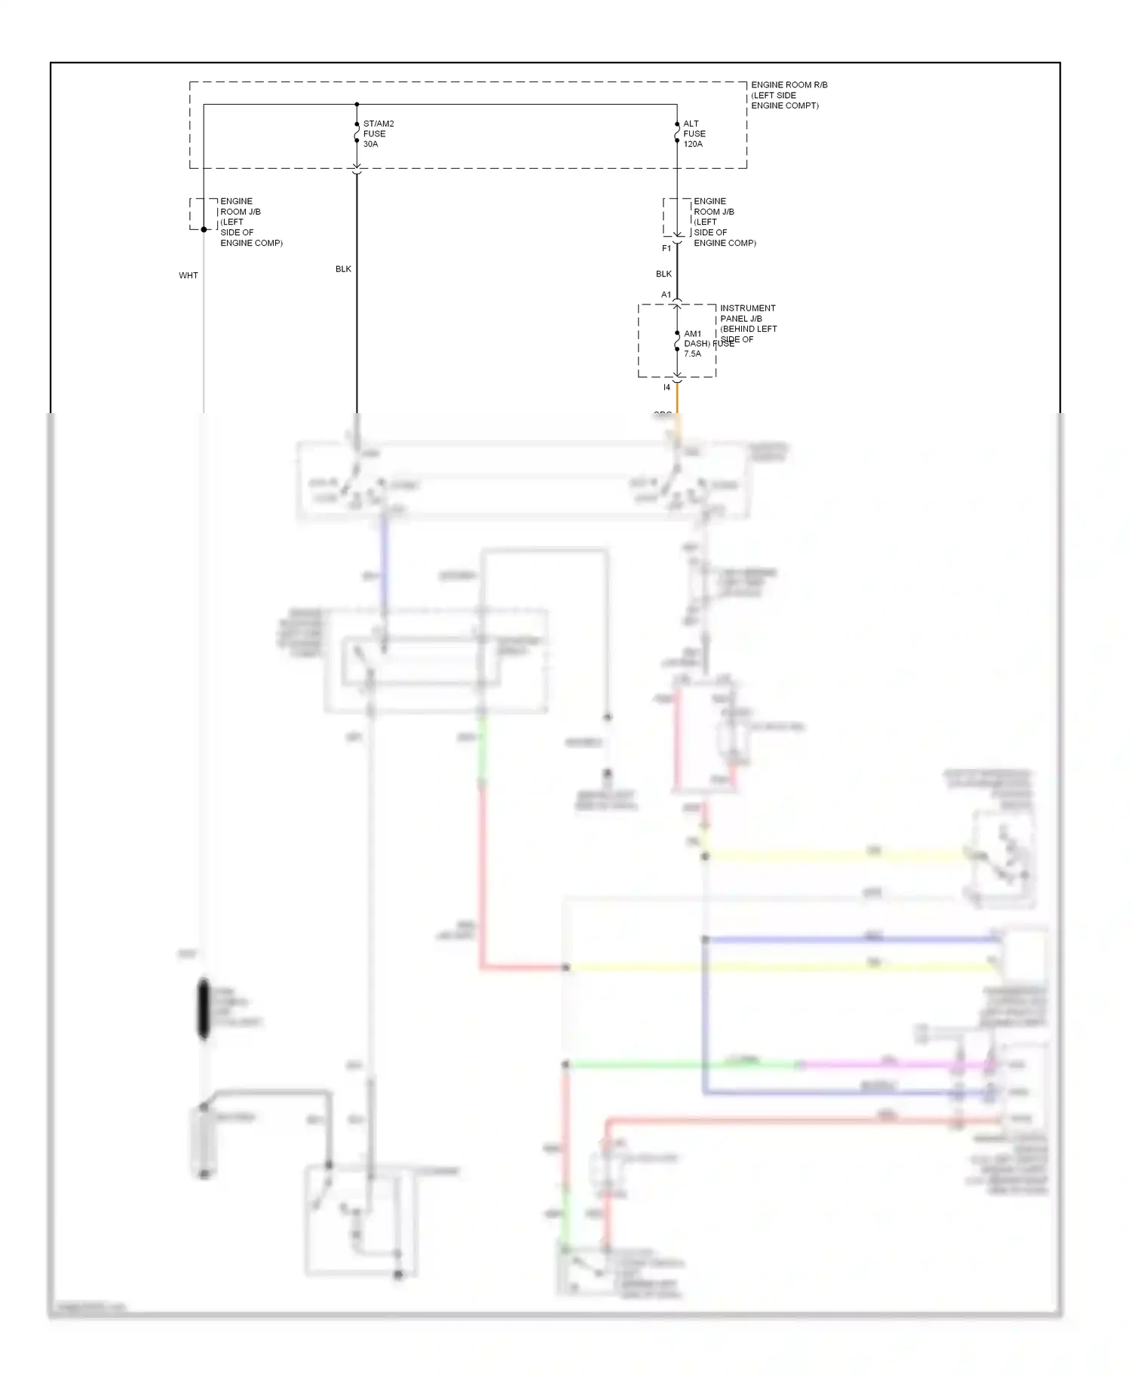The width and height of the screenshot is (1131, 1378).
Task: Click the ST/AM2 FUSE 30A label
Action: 378,133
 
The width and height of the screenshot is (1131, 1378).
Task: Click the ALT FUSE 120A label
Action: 694,133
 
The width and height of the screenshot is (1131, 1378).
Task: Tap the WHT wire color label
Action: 188,275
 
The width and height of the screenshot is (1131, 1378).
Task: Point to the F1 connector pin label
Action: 667,248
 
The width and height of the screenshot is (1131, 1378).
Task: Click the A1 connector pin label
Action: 666,295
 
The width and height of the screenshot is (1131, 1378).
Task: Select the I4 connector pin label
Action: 667,387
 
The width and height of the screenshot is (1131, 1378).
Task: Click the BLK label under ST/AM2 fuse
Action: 343,269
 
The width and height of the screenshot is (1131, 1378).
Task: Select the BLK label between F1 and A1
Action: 664,274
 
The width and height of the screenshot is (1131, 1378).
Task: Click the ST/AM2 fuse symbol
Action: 357,133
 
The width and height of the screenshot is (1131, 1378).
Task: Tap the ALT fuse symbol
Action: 677,133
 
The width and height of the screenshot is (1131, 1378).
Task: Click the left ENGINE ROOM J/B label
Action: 250,222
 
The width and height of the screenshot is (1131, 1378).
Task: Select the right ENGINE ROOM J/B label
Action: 724,222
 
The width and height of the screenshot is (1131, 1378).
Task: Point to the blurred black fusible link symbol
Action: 204,1009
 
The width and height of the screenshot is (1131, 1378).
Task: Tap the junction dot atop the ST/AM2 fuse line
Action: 357,104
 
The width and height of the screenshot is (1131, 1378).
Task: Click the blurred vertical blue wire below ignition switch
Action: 384,562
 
